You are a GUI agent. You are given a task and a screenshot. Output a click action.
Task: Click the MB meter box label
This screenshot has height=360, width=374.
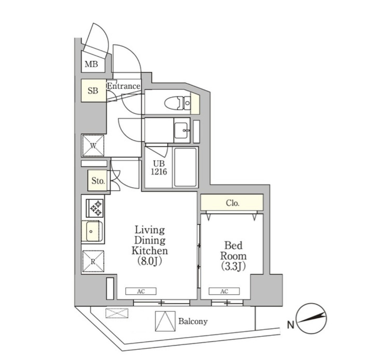coord(91,64)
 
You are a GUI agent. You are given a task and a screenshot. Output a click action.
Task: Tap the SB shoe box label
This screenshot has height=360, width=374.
coord(93,91)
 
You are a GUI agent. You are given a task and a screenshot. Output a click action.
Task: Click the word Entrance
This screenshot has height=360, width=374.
coord(124,86)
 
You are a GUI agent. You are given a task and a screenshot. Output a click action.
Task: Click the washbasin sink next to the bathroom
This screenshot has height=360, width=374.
coord(182,130)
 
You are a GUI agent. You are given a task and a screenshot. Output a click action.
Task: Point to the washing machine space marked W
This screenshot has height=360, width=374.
coord(93,146)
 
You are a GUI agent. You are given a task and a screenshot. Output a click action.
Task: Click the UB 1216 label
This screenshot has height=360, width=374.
coord(159,168)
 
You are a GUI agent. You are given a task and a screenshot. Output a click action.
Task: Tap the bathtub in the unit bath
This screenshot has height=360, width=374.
coord(185,167)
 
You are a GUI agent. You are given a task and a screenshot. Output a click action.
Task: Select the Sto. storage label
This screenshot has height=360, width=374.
coord(98,181)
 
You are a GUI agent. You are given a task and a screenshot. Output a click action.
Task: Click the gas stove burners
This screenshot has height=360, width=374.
coord(95,208)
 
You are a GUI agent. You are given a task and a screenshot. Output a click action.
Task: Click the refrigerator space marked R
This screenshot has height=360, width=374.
coord(93,261)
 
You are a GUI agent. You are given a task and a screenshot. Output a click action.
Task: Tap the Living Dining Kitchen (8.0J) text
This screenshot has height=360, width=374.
coord(150,246)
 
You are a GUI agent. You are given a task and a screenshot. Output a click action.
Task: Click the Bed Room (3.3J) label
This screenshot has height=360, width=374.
coord(233,256)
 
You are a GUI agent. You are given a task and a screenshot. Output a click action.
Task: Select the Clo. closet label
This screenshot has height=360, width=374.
coord(232,203)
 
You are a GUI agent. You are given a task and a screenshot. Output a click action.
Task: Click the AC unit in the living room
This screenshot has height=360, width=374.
coord(141,291)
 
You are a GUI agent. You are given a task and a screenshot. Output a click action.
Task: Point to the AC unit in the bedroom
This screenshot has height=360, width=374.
coord(224,291)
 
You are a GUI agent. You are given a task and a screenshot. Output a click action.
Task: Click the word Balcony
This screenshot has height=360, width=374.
coord(193,322)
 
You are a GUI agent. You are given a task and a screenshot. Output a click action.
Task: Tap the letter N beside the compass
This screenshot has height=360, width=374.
coord(290,325)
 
